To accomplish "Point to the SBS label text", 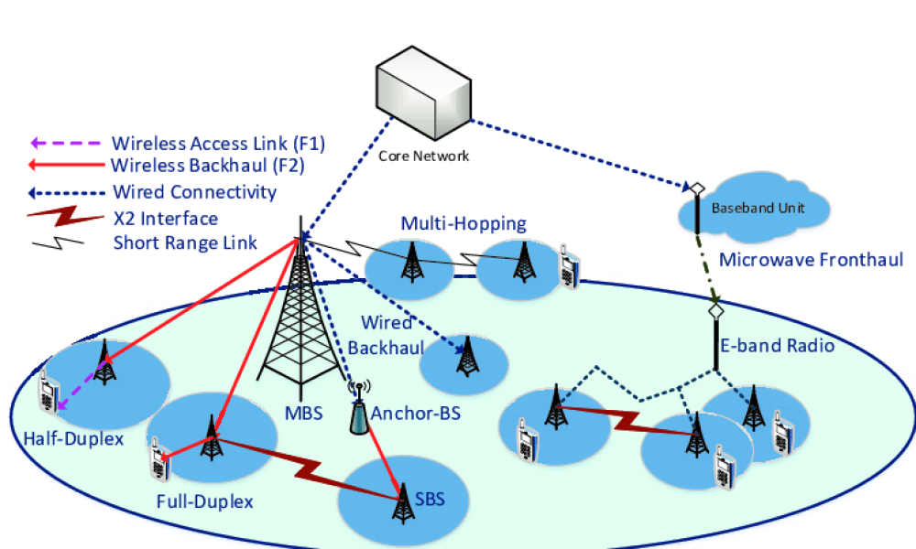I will point(428,500).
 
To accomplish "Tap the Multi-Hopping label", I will point(463,224).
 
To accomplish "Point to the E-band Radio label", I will point(789,346).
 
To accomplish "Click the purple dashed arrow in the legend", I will point(66,144).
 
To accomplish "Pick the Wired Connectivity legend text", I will point(194,192).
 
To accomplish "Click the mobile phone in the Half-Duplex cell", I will point(46,393).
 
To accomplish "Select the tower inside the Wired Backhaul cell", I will point(467,358).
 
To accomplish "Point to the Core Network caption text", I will point(423,156).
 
